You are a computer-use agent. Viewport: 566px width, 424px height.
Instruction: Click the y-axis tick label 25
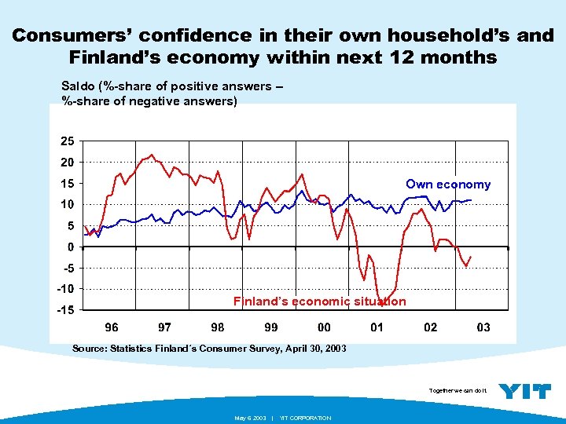click(68, 141)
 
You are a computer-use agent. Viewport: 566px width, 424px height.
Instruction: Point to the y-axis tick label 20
click(68, 163)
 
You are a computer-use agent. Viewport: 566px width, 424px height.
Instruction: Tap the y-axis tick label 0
click(71, 247)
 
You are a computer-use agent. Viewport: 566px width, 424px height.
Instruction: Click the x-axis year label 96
click(112, 327)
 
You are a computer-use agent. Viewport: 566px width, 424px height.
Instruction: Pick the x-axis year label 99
click(270, 327)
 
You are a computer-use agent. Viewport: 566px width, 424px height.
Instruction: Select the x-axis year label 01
click(377, 327)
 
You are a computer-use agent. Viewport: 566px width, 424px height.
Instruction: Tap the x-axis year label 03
click(483, 327)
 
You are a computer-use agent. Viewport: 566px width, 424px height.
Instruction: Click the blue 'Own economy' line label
click(447, 185)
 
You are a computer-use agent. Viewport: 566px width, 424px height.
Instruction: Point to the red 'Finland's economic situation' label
click(319, 302)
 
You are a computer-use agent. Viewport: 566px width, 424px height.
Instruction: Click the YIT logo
click(525, 390)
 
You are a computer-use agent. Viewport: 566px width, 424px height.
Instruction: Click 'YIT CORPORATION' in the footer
click(305, 418)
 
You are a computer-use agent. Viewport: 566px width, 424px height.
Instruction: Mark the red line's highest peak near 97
click(152, 155)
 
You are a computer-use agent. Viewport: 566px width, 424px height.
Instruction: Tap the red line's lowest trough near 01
click(381, 303)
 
